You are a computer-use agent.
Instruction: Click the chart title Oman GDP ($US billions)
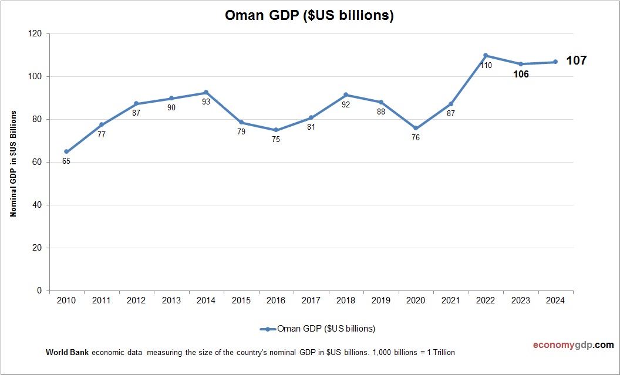309,16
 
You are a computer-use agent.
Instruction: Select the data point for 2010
66,151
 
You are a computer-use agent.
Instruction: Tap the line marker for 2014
206,92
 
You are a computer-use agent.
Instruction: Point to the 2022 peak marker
486,55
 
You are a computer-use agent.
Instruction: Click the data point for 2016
276,130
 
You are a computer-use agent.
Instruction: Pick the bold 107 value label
576,60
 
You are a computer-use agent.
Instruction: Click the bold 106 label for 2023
521,75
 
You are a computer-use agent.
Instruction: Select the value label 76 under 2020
416,138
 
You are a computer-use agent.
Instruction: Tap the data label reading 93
206,102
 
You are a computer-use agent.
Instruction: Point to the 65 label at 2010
66,161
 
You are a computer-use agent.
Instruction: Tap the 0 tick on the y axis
40,290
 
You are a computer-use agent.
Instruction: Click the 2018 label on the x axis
346,300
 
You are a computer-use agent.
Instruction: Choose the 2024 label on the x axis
555,300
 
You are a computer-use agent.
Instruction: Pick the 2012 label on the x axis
136,300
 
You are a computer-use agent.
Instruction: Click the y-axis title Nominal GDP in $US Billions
13,163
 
